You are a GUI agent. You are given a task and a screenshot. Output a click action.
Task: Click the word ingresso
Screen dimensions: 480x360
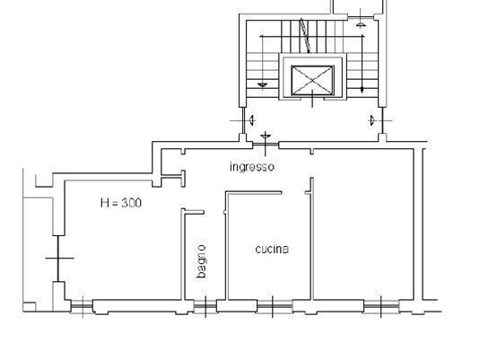point(252,167)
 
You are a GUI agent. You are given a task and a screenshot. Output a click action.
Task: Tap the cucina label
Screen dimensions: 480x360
point(272,249)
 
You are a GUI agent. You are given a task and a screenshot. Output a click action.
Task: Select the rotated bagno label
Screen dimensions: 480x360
point(202,261)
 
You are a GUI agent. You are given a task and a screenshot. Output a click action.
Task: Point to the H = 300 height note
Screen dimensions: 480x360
point(121,203)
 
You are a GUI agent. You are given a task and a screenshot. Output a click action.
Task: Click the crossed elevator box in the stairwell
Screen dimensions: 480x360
point(312,80)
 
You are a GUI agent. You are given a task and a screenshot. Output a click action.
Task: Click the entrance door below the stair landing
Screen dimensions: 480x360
point(266,144)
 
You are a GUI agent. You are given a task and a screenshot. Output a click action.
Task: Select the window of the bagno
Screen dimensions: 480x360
point(205,306)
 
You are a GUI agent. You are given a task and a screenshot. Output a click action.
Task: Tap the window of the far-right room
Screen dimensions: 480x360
point(381,306)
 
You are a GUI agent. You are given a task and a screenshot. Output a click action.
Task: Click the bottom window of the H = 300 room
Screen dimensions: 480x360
point(82,306)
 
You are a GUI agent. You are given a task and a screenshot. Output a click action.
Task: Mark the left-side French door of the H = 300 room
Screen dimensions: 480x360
point(58,259)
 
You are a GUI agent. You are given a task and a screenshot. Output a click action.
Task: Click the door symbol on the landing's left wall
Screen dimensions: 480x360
point(244,120)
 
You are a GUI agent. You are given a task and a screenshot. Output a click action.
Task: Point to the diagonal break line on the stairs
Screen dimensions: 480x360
point(306,35)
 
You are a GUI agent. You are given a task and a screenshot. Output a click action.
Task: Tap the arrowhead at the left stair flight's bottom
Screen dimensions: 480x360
point(262,85)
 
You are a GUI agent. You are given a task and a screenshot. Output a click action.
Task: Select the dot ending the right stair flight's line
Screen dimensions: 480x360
point(362,90)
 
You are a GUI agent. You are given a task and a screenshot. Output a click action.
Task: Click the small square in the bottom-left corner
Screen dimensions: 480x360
point(30,307)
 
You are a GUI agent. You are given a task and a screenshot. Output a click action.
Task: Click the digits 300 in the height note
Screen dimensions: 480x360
point(132,203)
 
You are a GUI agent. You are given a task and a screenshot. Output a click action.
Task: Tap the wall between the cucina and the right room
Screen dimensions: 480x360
point(312,239)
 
